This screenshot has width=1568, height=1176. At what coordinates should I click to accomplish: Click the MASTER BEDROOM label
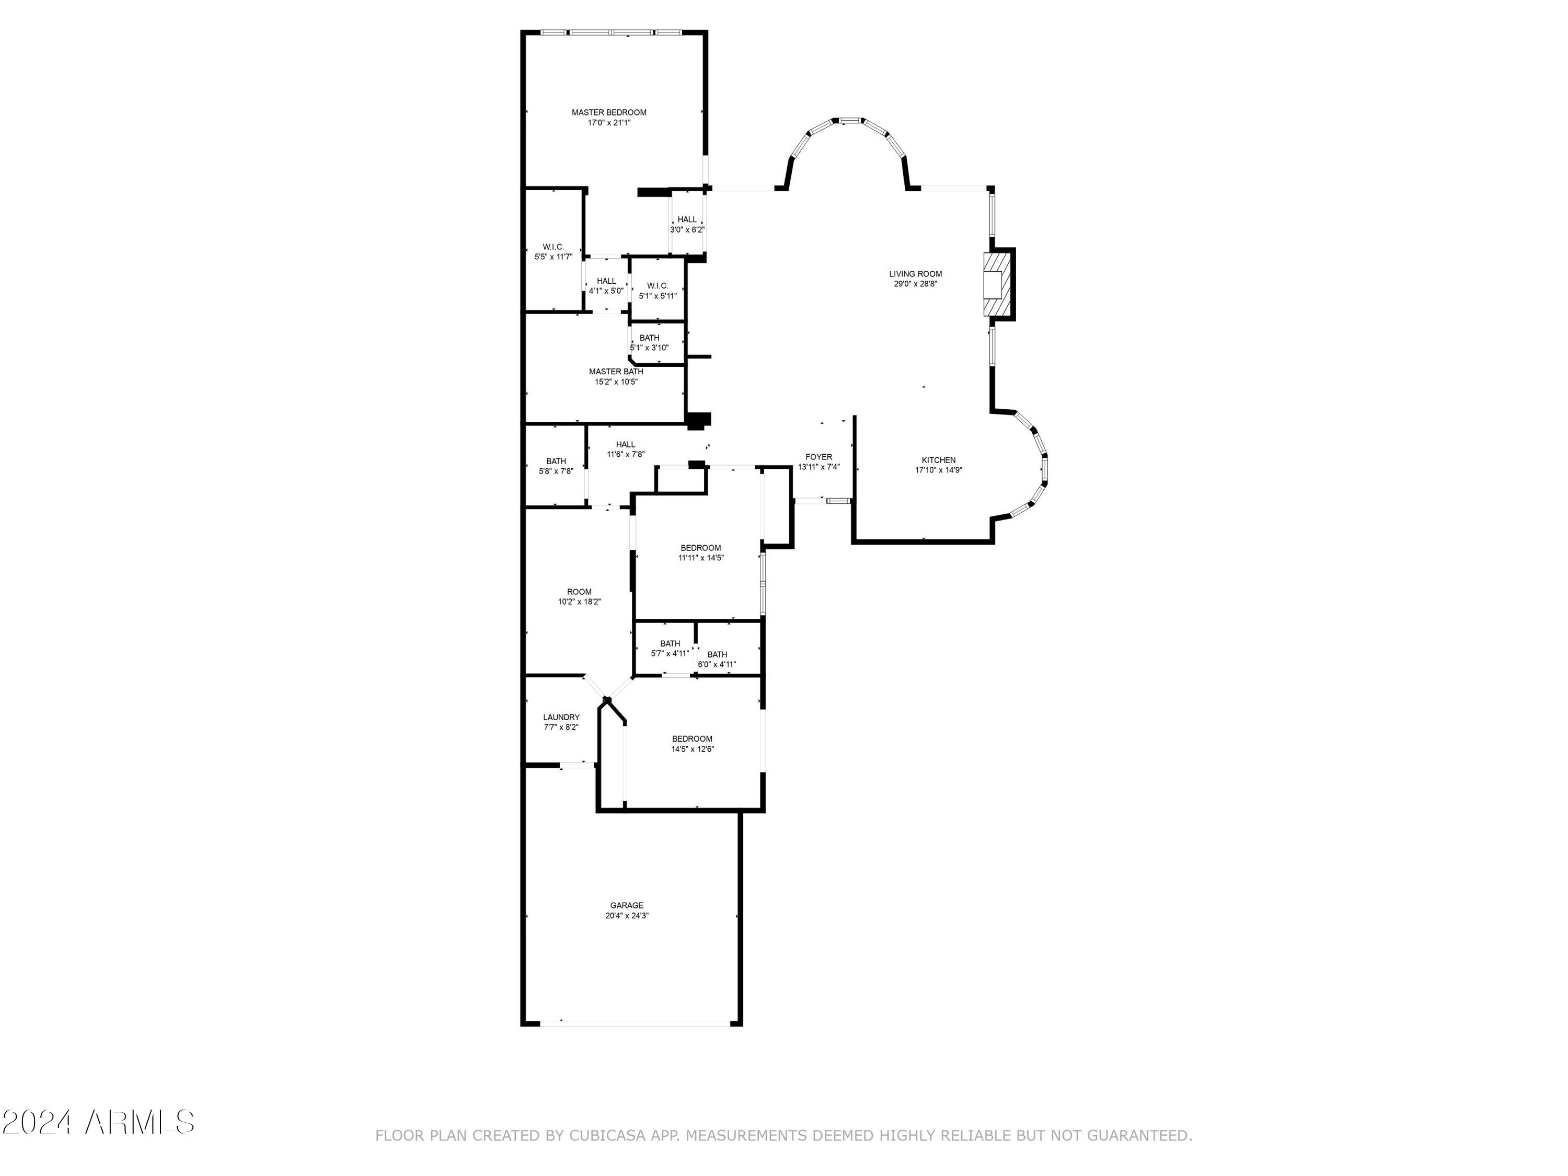point(609,112)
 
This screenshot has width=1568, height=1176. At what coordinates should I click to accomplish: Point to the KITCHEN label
point(939,460)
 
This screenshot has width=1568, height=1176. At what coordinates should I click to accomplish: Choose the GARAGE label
point(627,905)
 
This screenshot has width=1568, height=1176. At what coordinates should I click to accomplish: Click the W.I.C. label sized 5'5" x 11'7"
point(554,247)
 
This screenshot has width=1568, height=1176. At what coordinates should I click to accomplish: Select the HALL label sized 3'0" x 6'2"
point(687,220)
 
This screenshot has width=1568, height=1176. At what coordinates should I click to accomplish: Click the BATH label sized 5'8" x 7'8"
point(556,462)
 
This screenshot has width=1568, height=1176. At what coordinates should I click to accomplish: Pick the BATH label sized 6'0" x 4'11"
point(717,654)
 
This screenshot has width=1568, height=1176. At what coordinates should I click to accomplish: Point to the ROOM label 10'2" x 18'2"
point(579,592)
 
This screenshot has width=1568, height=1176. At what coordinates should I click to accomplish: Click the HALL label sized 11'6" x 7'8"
point(625,444)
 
